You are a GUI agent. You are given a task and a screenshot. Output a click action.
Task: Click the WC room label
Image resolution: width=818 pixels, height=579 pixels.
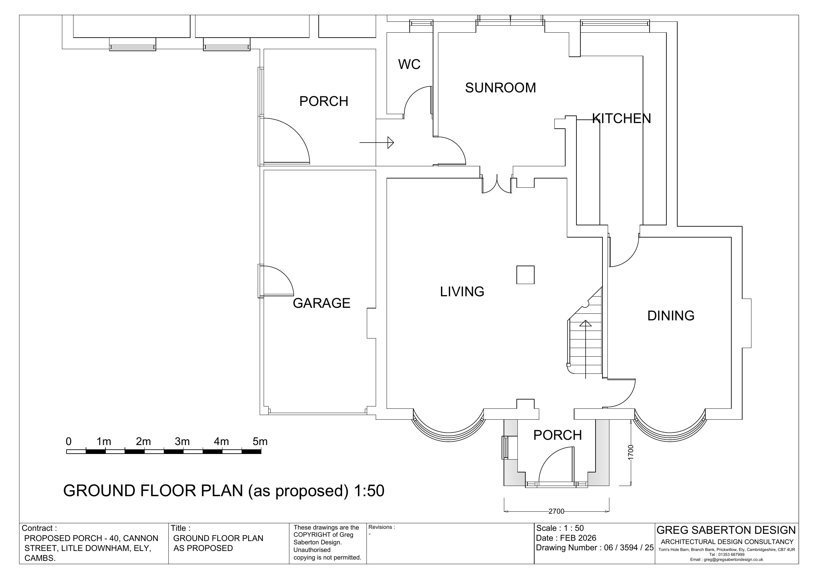coord(409,64)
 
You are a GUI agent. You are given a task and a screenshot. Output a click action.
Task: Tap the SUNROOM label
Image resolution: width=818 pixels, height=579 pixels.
coord(501,88)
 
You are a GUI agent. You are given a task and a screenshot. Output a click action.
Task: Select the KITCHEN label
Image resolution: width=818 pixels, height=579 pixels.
coord(622,118)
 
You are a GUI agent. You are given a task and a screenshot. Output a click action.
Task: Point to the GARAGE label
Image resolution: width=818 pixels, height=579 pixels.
coord(322,303)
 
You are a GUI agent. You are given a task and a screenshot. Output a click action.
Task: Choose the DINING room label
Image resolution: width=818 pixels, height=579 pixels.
coord(671,316)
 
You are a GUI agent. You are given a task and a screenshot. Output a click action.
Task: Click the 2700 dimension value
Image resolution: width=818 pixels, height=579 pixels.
coord(557,511)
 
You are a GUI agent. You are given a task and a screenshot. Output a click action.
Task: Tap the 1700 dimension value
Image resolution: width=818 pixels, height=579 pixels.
coord(631,453)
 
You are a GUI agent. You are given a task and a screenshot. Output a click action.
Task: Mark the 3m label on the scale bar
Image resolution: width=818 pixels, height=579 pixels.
coord(182,442)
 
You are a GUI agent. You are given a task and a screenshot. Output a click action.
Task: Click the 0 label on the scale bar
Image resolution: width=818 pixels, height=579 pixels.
coord(69,442)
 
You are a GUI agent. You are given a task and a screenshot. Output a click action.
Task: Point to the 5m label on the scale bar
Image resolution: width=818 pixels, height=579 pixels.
coord(260,442)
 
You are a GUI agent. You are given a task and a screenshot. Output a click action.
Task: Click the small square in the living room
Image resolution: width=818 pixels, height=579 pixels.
coord(525,275)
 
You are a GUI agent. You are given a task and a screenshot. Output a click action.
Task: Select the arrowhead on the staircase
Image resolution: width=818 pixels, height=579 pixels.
coord(585,324)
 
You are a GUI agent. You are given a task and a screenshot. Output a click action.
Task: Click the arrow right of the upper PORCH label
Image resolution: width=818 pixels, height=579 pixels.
coord(377,143)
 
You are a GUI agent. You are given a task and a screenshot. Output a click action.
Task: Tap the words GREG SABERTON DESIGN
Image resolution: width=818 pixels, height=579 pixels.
coord(726,530)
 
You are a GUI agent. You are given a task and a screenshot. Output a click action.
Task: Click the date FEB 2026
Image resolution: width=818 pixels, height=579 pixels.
coord(578,538)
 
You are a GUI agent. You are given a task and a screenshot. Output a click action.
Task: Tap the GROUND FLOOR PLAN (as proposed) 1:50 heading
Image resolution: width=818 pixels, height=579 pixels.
coord(224,491)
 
